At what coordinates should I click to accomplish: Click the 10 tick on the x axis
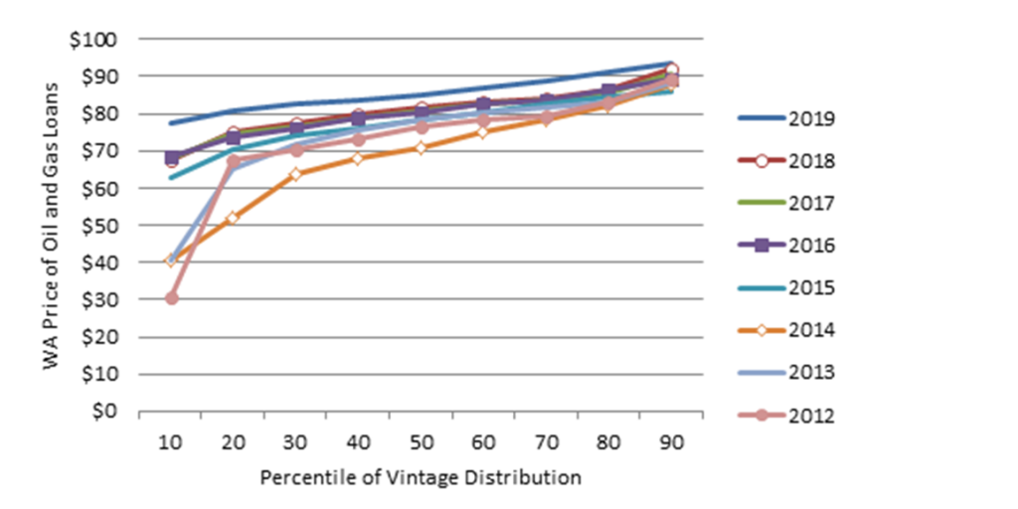[171, 444]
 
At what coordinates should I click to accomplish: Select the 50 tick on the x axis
[422, 444]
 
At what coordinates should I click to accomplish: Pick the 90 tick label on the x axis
[672, 444]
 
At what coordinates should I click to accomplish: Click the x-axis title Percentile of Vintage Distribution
[421, 478]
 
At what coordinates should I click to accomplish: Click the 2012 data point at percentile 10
[171, 298]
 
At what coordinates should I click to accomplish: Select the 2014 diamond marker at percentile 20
[234, 218]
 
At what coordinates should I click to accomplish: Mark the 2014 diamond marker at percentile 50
[422, 148]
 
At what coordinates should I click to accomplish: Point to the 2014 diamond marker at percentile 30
[296, 174]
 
